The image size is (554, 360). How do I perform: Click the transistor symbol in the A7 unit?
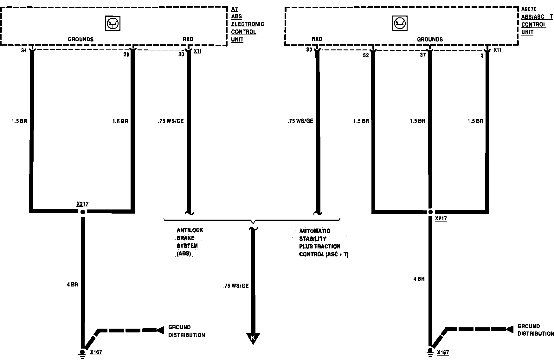(x=113, y=23)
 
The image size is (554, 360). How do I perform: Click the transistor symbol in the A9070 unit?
(x=400, y=23)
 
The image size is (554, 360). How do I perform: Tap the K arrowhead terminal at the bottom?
(x=253, y=338)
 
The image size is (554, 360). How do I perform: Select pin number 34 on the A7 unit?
(x=24, y=50)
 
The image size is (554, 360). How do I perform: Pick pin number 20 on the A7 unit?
(x=126, y=55)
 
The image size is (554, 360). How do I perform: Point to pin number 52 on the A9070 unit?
(x=366, y=55)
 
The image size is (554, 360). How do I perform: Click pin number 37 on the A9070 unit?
(x=423, y=55)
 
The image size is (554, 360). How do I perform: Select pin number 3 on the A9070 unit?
(x=482, y=55)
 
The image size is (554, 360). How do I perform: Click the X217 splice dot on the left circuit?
(x=83, y=212)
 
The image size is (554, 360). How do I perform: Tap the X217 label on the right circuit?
(x=441, y=218)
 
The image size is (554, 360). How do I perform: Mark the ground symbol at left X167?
(x=82, y=353)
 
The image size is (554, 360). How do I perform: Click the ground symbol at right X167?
(x=430, y=353)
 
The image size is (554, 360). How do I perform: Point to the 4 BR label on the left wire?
(x=72, y=285)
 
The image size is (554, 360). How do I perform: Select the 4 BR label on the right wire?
(x=419, y=279)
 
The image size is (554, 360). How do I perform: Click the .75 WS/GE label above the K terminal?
(x=235, y=286)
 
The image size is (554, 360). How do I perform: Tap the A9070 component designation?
(x=529, y=10)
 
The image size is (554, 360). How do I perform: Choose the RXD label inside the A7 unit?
(x=188, y=39)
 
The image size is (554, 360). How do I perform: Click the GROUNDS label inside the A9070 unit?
(x=430, y=39)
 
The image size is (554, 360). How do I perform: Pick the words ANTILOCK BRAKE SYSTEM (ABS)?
(x=190, y=242)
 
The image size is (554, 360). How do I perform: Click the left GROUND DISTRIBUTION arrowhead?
(x=160, y=330)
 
